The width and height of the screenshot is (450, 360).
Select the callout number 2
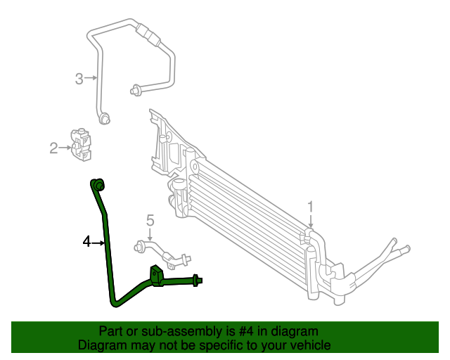pos(53,148)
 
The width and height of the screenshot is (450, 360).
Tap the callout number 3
pos(79,78)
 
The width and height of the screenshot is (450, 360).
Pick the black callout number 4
pos(86,242)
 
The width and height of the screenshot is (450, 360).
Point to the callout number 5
pos(150,221)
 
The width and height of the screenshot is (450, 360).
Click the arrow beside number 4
pos(98,243)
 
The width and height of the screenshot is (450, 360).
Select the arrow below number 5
pos(150,235)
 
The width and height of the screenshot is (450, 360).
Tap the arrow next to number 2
pos(65,148)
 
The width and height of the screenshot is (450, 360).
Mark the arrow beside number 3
pos(90,78)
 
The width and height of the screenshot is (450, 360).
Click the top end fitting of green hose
pos(98,184)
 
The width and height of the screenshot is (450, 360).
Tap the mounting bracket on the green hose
pos(156,276)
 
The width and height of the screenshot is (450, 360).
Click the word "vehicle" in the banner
pos(308,345)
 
